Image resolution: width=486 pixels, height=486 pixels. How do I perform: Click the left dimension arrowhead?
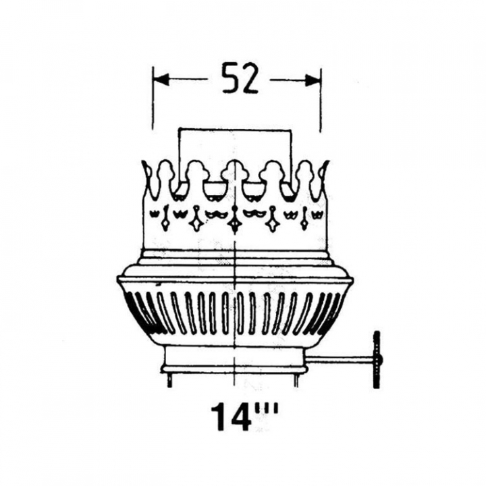(x=161, y=80)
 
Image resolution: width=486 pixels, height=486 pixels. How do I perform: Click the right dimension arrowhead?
(x=313, y=80)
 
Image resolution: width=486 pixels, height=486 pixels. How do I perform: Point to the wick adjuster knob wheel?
(x=377, y=360)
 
